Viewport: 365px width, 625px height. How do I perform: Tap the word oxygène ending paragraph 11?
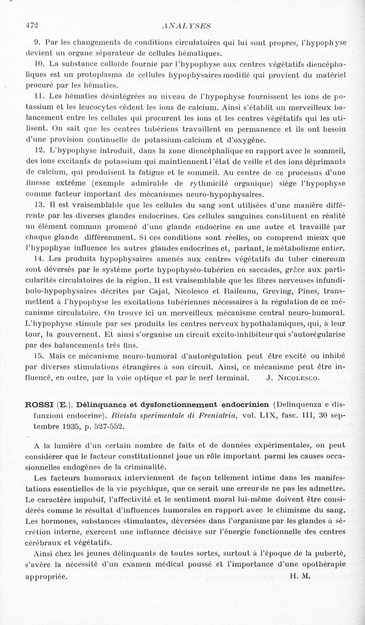click(x=249, y=140)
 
